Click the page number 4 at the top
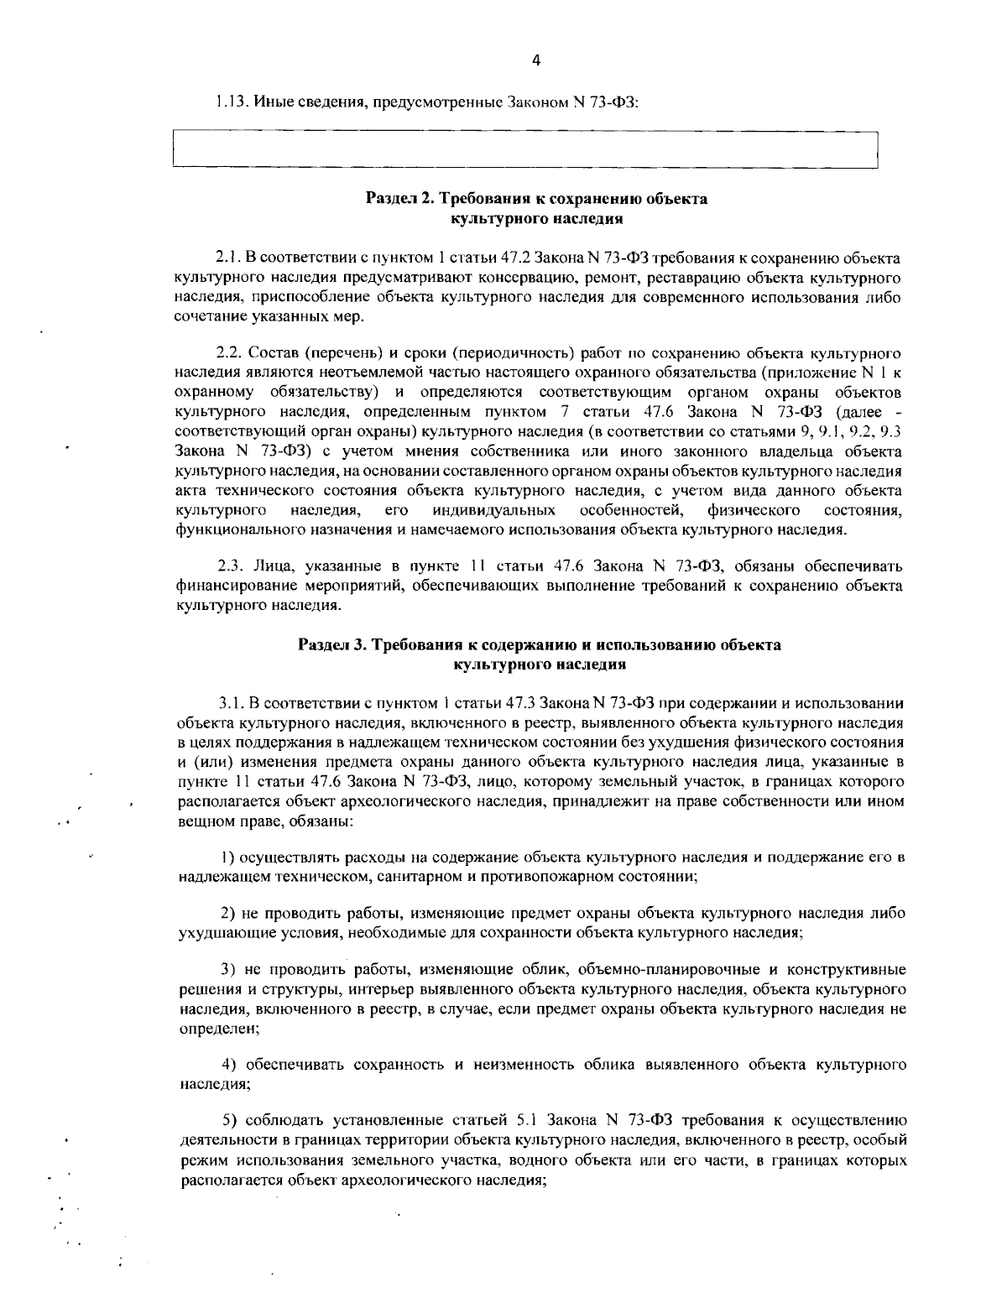tap(536, 60)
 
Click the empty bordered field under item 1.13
tap(524, 150)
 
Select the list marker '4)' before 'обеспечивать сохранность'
tap(230, 1065)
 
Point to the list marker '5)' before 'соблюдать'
tap(230, 1119)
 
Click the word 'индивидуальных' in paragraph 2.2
tap(494, 510)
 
